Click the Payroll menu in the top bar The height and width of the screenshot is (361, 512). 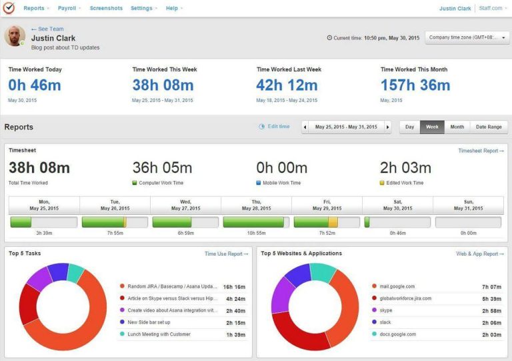pos(67,8)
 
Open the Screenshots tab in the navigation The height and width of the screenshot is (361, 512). pos(106,8)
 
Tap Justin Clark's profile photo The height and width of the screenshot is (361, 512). pos(15,36)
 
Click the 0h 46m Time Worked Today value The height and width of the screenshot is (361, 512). pos(35,85)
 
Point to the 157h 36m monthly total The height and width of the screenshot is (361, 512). pos(415,85)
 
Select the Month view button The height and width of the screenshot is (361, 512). pos(457,127)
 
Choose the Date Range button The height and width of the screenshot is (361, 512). pos(488,127)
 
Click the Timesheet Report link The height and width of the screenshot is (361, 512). pos(481,151)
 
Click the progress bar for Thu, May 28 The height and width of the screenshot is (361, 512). pos(256,222)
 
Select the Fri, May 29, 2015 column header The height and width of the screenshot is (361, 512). pos(327,205)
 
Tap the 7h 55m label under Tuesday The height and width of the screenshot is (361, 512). pos(115,233)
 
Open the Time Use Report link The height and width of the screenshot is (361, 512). pos(226,254)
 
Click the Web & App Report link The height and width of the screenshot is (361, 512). pos(479,254)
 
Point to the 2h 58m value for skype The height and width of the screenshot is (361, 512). pos(491,310)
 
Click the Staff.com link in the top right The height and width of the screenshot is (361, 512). pos(491,8)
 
